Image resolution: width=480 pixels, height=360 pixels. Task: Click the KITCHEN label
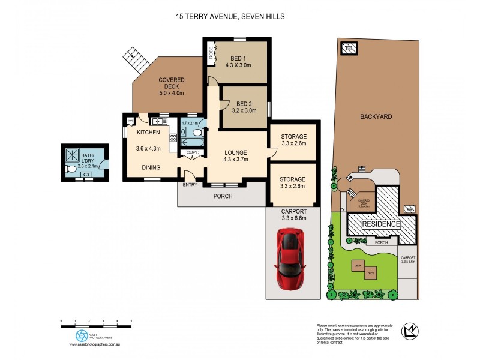148,132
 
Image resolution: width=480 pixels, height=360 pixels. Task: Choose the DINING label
151,168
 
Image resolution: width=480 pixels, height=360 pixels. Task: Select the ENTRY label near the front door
190,184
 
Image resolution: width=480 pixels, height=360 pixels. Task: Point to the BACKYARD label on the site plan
376,116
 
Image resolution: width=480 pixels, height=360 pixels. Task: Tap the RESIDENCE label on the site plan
381,224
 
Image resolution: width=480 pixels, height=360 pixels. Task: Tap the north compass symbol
410,330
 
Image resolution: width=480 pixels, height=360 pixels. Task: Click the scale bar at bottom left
96,323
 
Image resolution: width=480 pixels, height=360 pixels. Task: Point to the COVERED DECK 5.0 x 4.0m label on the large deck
171,86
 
